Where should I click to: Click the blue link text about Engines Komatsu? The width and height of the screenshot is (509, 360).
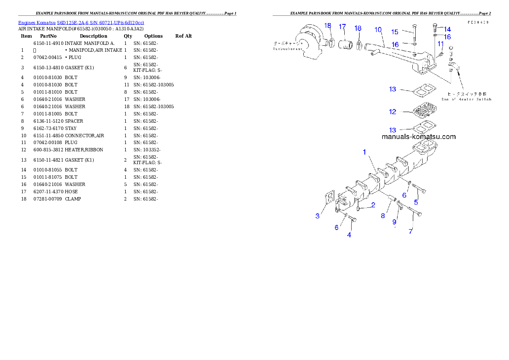(81, 22)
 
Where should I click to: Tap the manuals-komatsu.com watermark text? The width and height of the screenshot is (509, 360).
(418, 137)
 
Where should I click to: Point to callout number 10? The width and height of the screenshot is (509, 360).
(378, 30)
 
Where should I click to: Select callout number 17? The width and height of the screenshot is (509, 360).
(342, 27)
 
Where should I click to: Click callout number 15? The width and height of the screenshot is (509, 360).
(395, 32)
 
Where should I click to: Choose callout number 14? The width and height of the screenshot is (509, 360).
(447, 30)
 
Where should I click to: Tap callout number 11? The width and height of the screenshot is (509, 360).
(440, 44)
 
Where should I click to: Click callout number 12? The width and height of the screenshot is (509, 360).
(393, 112)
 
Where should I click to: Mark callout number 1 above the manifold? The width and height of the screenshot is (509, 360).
(365, 152)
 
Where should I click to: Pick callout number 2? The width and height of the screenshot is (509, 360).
(373, 205)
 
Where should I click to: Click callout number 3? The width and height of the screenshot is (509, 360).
(317, 216)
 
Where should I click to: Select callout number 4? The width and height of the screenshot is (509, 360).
(349, 235)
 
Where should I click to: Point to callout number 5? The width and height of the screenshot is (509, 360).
(416, 202)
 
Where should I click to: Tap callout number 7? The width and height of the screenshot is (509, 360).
(411, 231)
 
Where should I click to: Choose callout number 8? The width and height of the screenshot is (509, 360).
(383, 216)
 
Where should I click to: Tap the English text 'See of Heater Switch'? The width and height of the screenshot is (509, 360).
(469, 99)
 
